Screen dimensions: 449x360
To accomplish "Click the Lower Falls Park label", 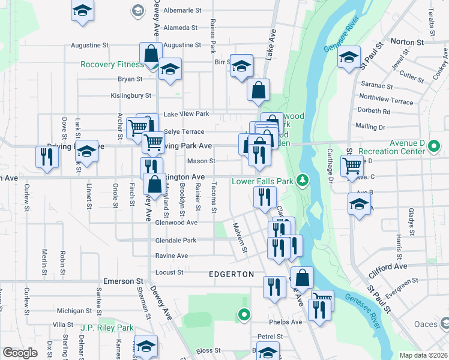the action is tap(262, 180).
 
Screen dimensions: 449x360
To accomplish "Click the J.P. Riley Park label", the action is tap(107, 328).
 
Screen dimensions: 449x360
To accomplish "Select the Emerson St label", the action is tap(124, 281).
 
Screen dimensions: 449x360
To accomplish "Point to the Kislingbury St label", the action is tap(131, 95).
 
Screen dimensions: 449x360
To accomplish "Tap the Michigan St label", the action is tap(74, 311).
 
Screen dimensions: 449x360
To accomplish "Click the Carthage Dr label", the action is tap(330, 163).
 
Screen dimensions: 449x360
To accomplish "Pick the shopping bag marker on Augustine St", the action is tap(151, 53).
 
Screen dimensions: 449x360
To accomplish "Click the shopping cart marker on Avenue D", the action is tap(352, 166).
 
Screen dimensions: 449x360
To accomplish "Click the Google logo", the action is tap(20, 353).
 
